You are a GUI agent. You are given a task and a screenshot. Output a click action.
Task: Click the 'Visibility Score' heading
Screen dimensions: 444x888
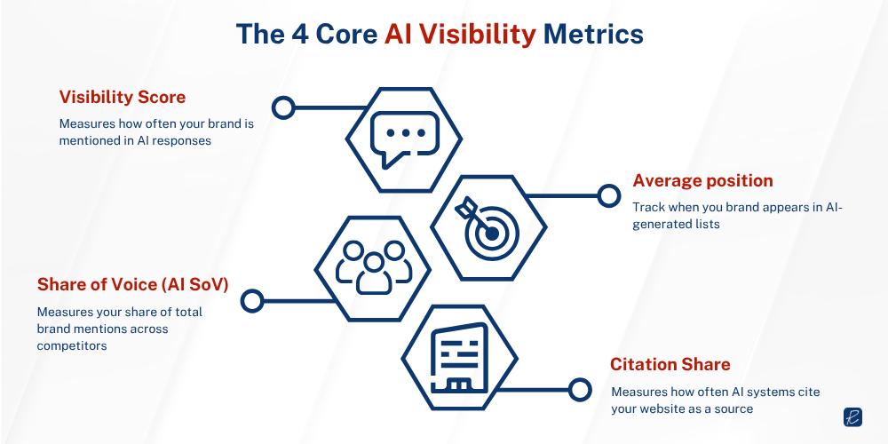click(123, 97)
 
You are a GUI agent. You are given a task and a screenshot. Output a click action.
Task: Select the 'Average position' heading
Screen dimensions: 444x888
click(702, 180)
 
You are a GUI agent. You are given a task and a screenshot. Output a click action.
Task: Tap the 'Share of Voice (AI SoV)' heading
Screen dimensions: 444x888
click(132, 284)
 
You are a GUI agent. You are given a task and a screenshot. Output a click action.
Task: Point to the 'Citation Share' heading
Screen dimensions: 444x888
click(670, 364)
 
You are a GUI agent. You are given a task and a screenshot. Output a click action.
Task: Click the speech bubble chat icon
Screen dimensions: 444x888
click(403, 140)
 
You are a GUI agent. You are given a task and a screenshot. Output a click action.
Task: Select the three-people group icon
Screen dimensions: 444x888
click(373, 266)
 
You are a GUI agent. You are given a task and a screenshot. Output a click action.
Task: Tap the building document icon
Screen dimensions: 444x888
click(460, 359)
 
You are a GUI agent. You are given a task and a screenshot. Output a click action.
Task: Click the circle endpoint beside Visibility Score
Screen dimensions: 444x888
click(283, 108)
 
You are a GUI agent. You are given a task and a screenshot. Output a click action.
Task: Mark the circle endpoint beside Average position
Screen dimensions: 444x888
click(608, 195)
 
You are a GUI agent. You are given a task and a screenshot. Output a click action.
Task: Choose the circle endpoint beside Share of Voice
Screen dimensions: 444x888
click(252, 300)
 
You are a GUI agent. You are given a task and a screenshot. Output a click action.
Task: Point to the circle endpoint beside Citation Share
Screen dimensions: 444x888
click(579, 388)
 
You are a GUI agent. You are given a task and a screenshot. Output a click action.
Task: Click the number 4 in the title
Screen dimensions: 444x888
click(302, 34)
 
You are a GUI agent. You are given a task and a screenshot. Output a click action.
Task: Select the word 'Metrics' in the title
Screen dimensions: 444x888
click(593, 34)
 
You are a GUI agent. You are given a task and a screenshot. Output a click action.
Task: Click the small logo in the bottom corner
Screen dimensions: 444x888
click(853, 417)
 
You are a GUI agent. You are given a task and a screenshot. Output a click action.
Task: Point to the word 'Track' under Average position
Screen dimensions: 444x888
click(648, 207)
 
